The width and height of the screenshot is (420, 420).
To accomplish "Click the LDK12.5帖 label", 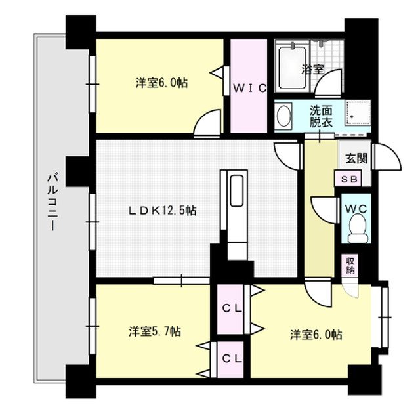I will (x=162, y=211).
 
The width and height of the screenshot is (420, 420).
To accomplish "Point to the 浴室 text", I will (x=313, y=68).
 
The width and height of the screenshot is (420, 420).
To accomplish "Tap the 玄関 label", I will (x=358, y=158).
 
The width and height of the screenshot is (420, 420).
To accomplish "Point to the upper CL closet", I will (x=230, y=307).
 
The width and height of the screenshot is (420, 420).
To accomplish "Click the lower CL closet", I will (x=230, y=358).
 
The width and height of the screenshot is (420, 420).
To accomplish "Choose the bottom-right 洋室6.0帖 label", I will (x=316, y=335).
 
